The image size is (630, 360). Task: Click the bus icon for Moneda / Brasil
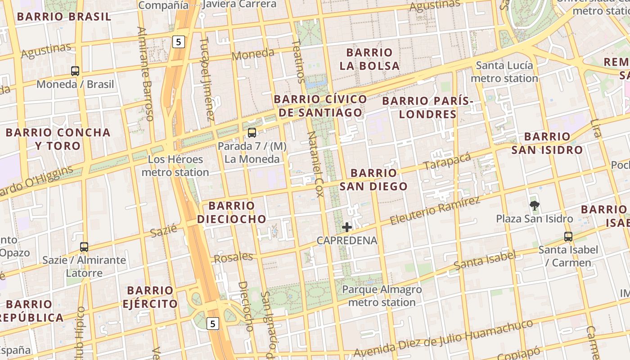(75, 71)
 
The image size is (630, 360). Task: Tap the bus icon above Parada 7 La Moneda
(252, 133)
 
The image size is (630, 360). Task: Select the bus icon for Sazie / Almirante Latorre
(84, 247)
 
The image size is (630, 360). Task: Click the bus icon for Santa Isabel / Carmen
(568, 236)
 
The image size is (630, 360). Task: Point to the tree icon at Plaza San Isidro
(535, 206)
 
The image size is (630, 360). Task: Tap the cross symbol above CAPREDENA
(347, 227)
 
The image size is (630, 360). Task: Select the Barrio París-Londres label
(427, 107)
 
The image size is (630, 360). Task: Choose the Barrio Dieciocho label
(231, 212)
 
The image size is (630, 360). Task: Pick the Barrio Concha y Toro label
(58, 139)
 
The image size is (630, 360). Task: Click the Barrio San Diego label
(373, 180)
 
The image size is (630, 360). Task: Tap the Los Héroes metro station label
(175, 166)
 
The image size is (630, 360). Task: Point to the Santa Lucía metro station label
(504, 72)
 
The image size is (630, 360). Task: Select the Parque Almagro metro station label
(382, 296)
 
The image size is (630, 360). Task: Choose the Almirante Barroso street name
(145, 74)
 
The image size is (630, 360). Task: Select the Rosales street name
(233, 257)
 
